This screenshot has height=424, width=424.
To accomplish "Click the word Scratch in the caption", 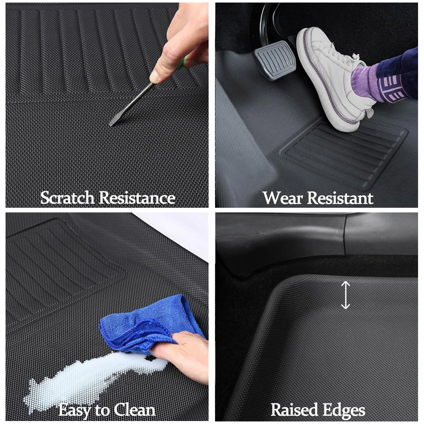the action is (67, 198).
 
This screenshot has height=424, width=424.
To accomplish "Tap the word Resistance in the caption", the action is (137, 198).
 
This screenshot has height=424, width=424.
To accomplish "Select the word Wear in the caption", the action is (282, 198).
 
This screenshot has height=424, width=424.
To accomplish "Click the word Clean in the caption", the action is (134, 410).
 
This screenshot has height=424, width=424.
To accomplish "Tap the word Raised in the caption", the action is (294, 410).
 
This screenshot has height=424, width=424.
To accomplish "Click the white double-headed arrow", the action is (346, 295).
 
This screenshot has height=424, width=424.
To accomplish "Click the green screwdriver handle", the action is (182, 62).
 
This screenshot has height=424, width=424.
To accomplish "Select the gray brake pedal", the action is (274, 61).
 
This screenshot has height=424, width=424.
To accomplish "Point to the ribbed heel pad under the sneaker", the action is (343, 154).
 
